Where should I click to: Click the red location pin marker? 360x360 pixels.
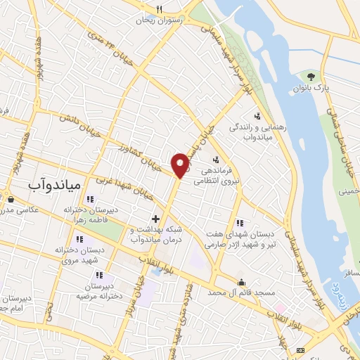tap(181, 165)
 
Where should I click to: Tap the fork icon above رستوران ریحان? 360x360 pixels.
tap(160, 9)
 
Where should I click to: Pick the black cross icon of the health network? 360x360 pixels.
tap(155, 219)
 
